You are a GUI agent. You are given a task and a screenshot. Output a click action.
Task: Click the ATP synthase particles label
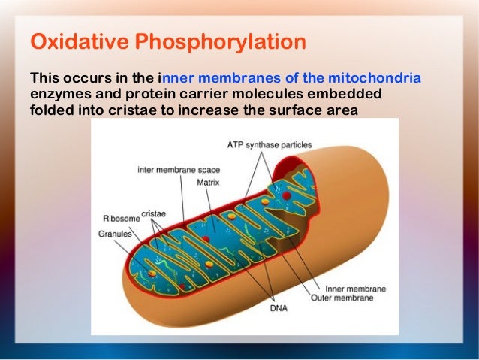coord(270,144)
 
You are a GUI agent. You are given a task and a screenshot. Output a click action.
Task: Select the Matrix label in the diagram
coord(207,182)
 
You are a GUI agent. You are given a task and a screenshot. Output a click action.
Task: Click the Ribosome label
coord(121,219)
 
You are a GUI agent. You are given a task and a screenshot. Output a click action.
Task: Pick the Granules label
coord(115,234)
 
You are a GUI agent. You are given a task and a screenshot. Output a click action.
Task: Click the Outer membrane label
coord(343,298)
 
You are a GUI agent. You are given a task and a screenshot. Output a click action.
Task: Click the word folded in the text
coord(50,110)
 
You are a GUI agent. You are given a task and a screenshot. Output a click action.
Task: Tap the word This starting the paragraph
coord(44,78)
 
